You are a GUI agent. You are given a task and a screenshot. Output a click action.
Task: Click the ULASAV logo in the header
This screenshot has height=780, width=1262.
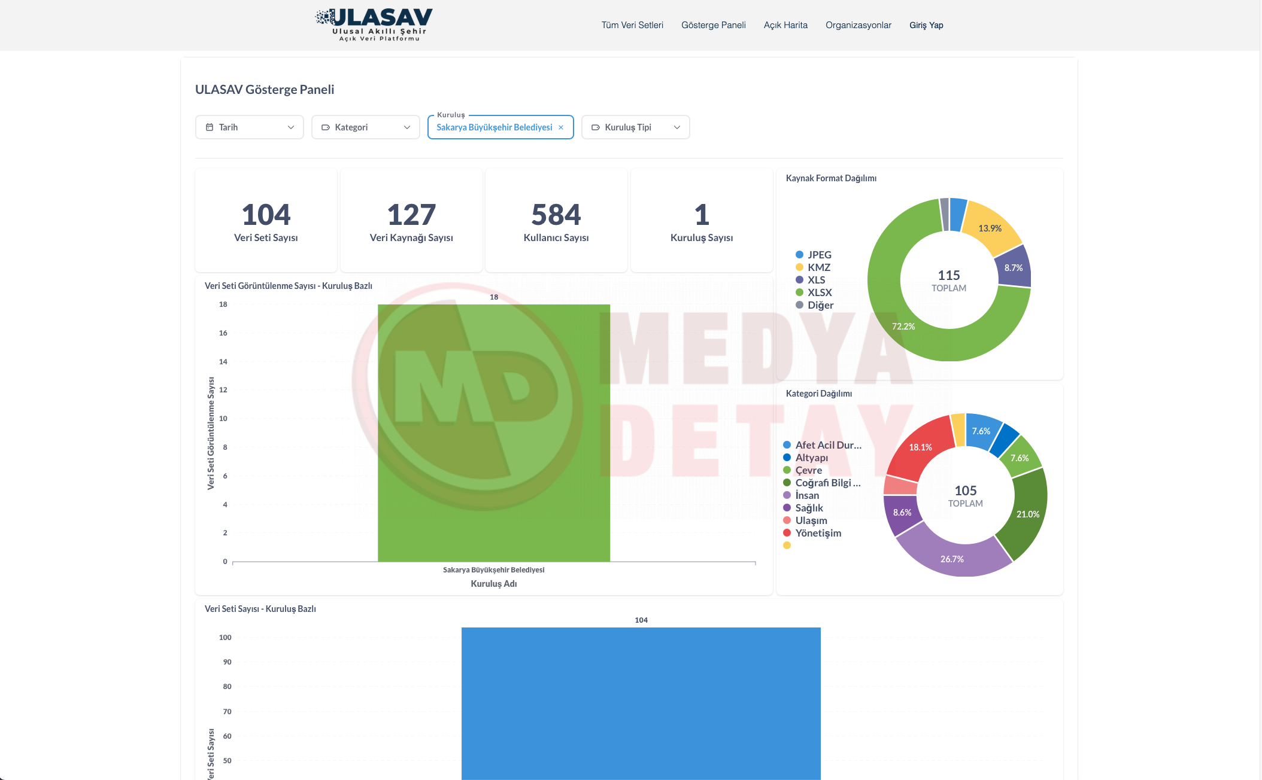pos(374,25)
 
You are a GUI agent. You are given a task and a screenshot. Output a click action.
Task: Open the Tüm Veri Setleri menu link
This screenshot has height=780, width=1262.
pos(632,25)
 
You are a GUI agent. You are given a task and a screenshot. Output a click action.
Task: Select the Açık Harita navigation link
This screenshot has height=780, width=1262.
pos(785,25)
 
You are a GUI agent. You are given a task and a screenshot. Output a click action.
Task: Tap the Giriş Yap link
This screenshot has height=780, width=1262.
pos(926,25)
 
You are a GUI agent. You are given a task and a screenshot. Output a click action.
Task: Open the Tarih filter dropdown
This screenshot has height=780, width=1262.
pos(250,127)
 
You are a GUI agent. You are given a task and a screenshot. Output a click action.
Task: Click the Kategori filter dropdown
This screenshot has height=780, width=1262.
pos(366,127)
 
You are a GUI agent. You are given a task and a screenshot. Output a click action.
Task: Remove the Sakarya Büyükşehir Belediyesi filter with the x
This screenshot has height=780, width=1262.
pos(561,127)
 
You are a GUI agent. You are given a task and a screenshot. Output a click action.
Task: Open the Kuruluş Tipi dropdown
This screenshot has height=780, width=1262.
pos(636,127)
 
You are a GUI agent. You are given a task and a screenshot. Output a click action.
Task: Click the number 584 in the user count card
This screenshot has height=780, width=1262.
pos(556,215)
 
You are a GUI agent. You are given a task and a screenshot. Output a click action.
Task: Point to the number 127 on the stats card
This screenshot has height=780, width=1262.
pos(411,215)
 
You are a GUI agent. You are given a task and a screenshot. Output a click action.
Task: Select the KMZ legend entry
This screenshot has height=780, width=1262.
pos(818,267)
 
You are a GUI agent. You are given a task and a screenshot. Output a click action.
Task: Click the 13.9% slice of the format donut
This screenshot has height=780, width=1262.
pos(990,228)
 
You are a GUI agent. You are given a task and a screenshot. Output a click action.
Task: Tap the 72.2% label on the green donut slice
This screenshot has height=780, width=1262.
pos(903,327)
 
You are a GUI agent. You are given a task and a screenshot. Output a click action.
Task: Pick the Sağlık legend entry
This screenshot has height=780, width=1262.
pos(809,508)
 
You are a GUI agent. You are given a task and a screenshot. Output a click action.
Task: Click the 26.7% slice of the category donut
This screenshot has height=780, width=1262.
pos(952,559)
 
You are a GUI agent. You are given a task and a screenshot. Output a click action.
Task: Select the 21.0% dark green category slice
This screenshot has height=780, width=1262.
pos(1028,514)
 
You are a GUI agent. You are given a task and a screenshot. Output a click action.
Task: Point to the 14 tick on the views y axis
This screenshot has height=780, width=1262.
pos(223,362)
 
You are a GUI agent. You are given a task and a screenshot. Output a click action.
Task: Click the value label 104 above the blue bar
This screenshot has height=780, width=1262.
pos(641,620)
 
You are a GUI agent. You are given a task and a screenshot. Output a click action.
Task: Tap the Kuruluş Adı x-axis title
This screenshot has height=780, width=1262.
pos(494,584)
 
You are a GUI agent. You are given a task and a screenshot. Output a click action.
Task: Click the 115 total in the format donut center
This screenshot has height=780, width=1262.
pos(949,275)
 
